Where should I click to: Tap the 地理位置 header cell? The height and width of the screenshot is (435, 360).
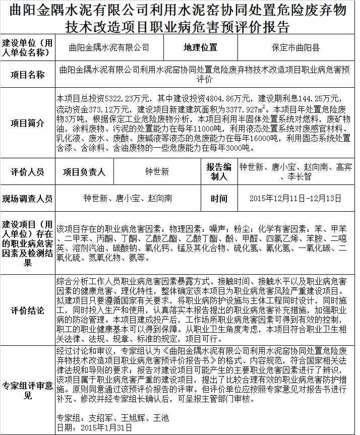point(200,48)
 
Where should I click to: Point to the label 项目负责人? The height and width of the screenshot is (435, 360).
point(84,172)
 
